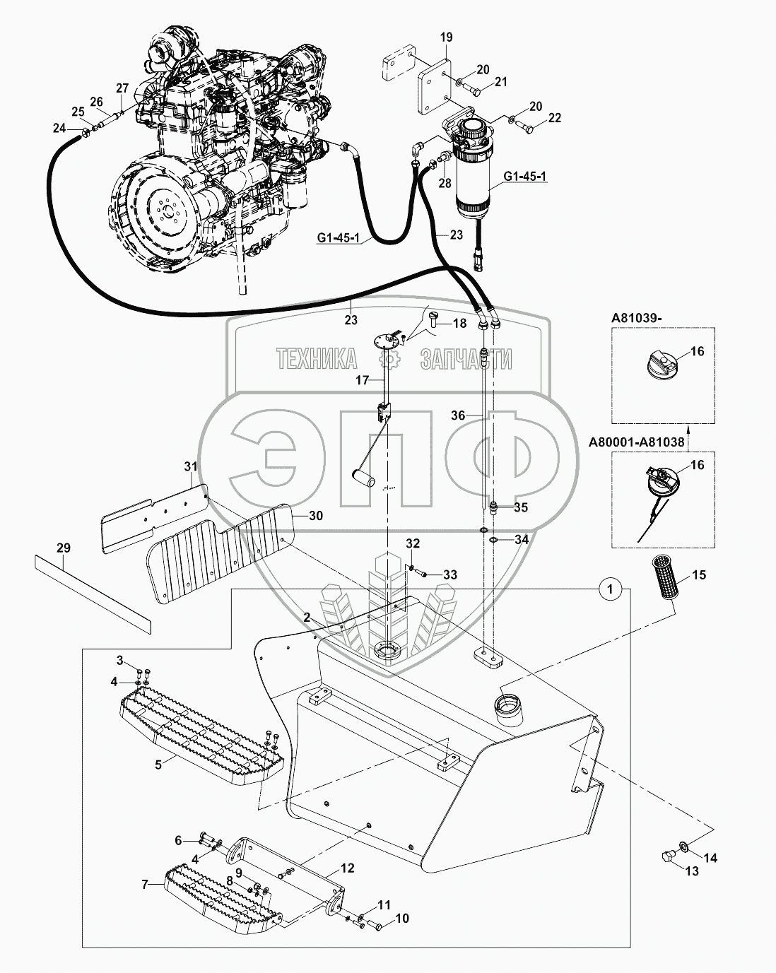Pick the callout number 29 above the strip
(x=64, y=547)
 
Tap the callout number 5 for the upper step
(x=160, y=764)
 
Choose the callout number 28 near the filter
(x=445, y=184)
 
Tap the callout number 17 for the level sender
(x=363, y=379)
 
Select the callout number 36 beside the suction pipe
(x=458, y=415)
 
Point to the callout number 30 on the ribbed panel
(x=315, y=516)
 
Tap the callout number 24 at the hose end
(x=59, y=128)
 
